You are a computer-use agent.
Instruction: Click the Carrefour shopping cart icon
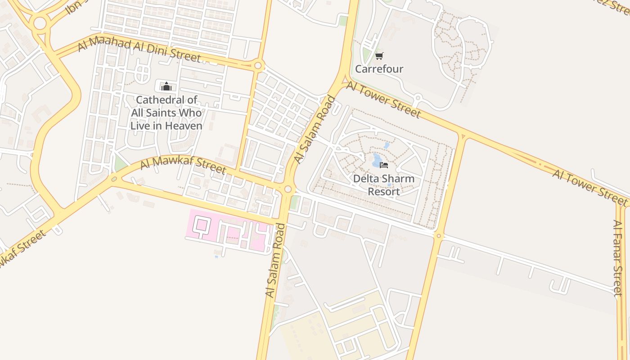pyautogui.click(x=379, y=56)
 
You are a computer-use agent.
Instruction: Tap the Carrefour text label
pyautogui.click(x=379, y=69)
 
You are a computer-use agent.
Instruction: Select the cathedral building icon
pyautogui.click(x=166, y=86)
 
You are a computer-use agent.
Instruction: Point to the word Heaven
pyautogui.click(x=184, y=126)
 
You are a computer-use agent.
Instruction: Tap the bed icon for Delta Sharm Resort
pyautogui.click(x=384, y=165)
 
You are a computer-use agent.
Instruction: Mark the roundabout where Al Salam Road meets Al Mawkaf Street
pyautogui.click(x=288, y=189)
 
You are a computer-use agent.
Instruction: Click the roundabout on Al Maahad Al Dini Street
pyautogui.click(x=258, y=66)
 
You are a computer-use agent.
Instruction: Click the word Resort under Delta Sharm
pyautogui.click(x=383, y=192)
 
